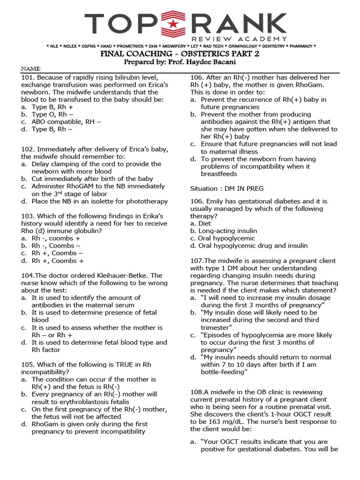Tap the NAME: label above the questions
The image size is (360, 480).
click(x=31, y=69)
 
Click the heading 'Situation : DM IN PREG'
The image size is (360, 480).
click(x=227, y=188)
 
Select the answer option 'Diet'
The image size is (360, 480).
click(x=204, y=224)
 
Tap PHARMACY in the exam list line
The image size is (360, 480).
click(x=301, y=46)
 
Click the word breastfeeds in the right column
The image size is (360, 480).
click(x=219, y=174)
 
